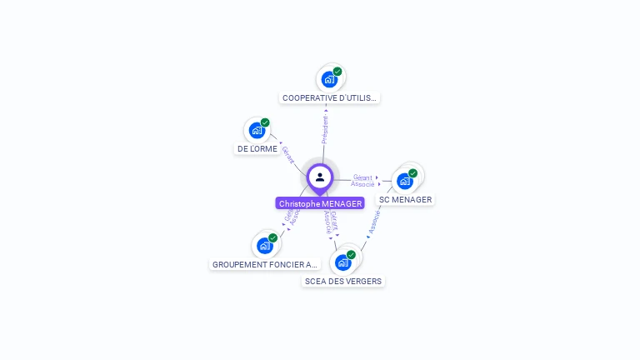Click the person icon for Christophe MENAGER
pos(320,177)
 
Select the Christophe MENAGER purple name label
pos(320,203)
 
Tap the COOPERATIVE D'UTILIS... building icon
pos(329,80)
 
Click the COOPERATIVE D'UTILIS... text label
pos(329,98)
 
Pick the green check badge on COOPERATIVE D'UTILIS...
pos(337,72)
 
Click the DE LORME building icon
pos(257,131)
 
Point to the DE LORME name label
pos(257,149)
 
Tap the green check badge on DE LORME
pos(265,122)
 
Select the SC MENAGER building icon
pos(405,181)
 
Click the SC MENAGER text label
pos(406,200)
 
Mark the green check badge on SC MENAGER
pos(412,173)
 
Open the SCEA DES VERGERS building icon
pos(342,262)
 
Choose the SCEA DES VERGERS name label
pos(343,282)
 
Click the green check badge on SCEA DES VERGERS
pos(351,255)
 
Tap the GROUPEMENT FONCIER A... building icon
pos(264,246)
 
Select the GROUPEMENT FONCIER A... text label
pos(265,265)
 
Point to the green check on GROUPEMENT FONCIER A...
pos(272,238)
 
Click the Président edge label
pos(325,130)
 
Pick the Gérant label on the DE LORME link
pos(287,154)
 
